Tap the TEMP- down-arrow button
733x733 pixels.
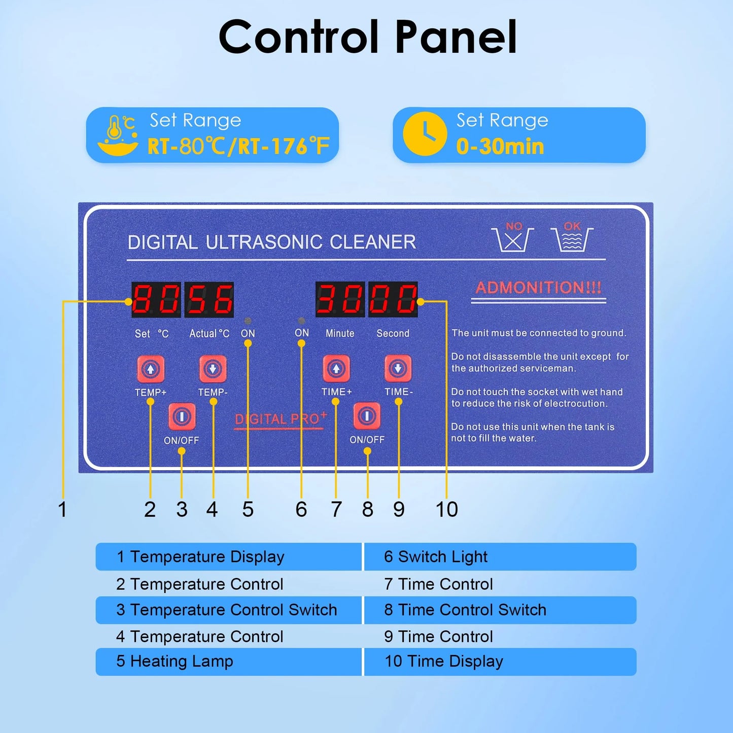213,369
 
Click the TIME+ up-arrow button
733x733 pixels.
336,368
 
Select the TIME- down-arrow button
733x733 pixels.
398,368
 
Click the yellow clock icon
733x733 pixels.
425,134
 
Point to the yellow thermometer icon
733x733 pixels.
118,135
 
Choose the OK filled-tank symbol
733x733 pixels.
572,236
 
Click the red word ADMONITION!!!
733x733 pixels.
538,288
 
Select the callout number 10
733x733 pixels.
446,509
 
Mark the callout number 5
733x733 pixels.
248,509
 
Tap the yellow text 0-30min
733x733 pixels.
500,147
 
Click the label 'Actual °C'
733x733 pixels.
209,334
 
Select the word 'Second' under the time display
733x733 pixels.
393,333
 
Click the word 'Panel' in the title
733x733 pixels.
456,38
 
